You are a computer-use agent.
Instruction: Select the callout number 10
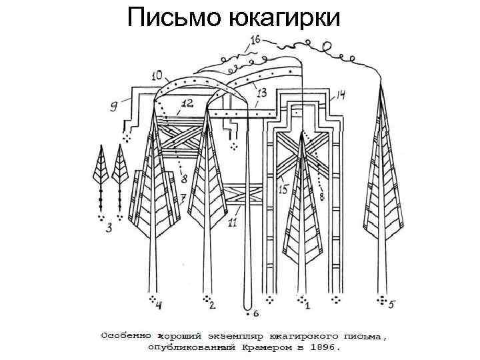(161, 76)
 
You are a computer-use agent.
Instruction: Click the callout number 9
(114, 104)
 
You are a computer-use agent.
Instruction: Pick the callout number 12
(187, 103)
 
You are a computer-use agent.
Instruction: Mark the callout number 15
(283, 190)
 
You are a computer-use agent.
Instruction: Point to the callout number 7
(183, 198)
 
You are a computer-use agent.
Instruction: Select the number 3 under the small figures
(109, 229)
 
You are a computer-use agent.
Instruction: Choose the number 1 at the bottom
(307, 307)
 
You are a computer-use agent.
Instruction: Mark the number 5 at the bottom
(392, 305)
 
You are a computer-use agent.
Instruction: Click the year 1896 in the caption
(327, 347)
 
